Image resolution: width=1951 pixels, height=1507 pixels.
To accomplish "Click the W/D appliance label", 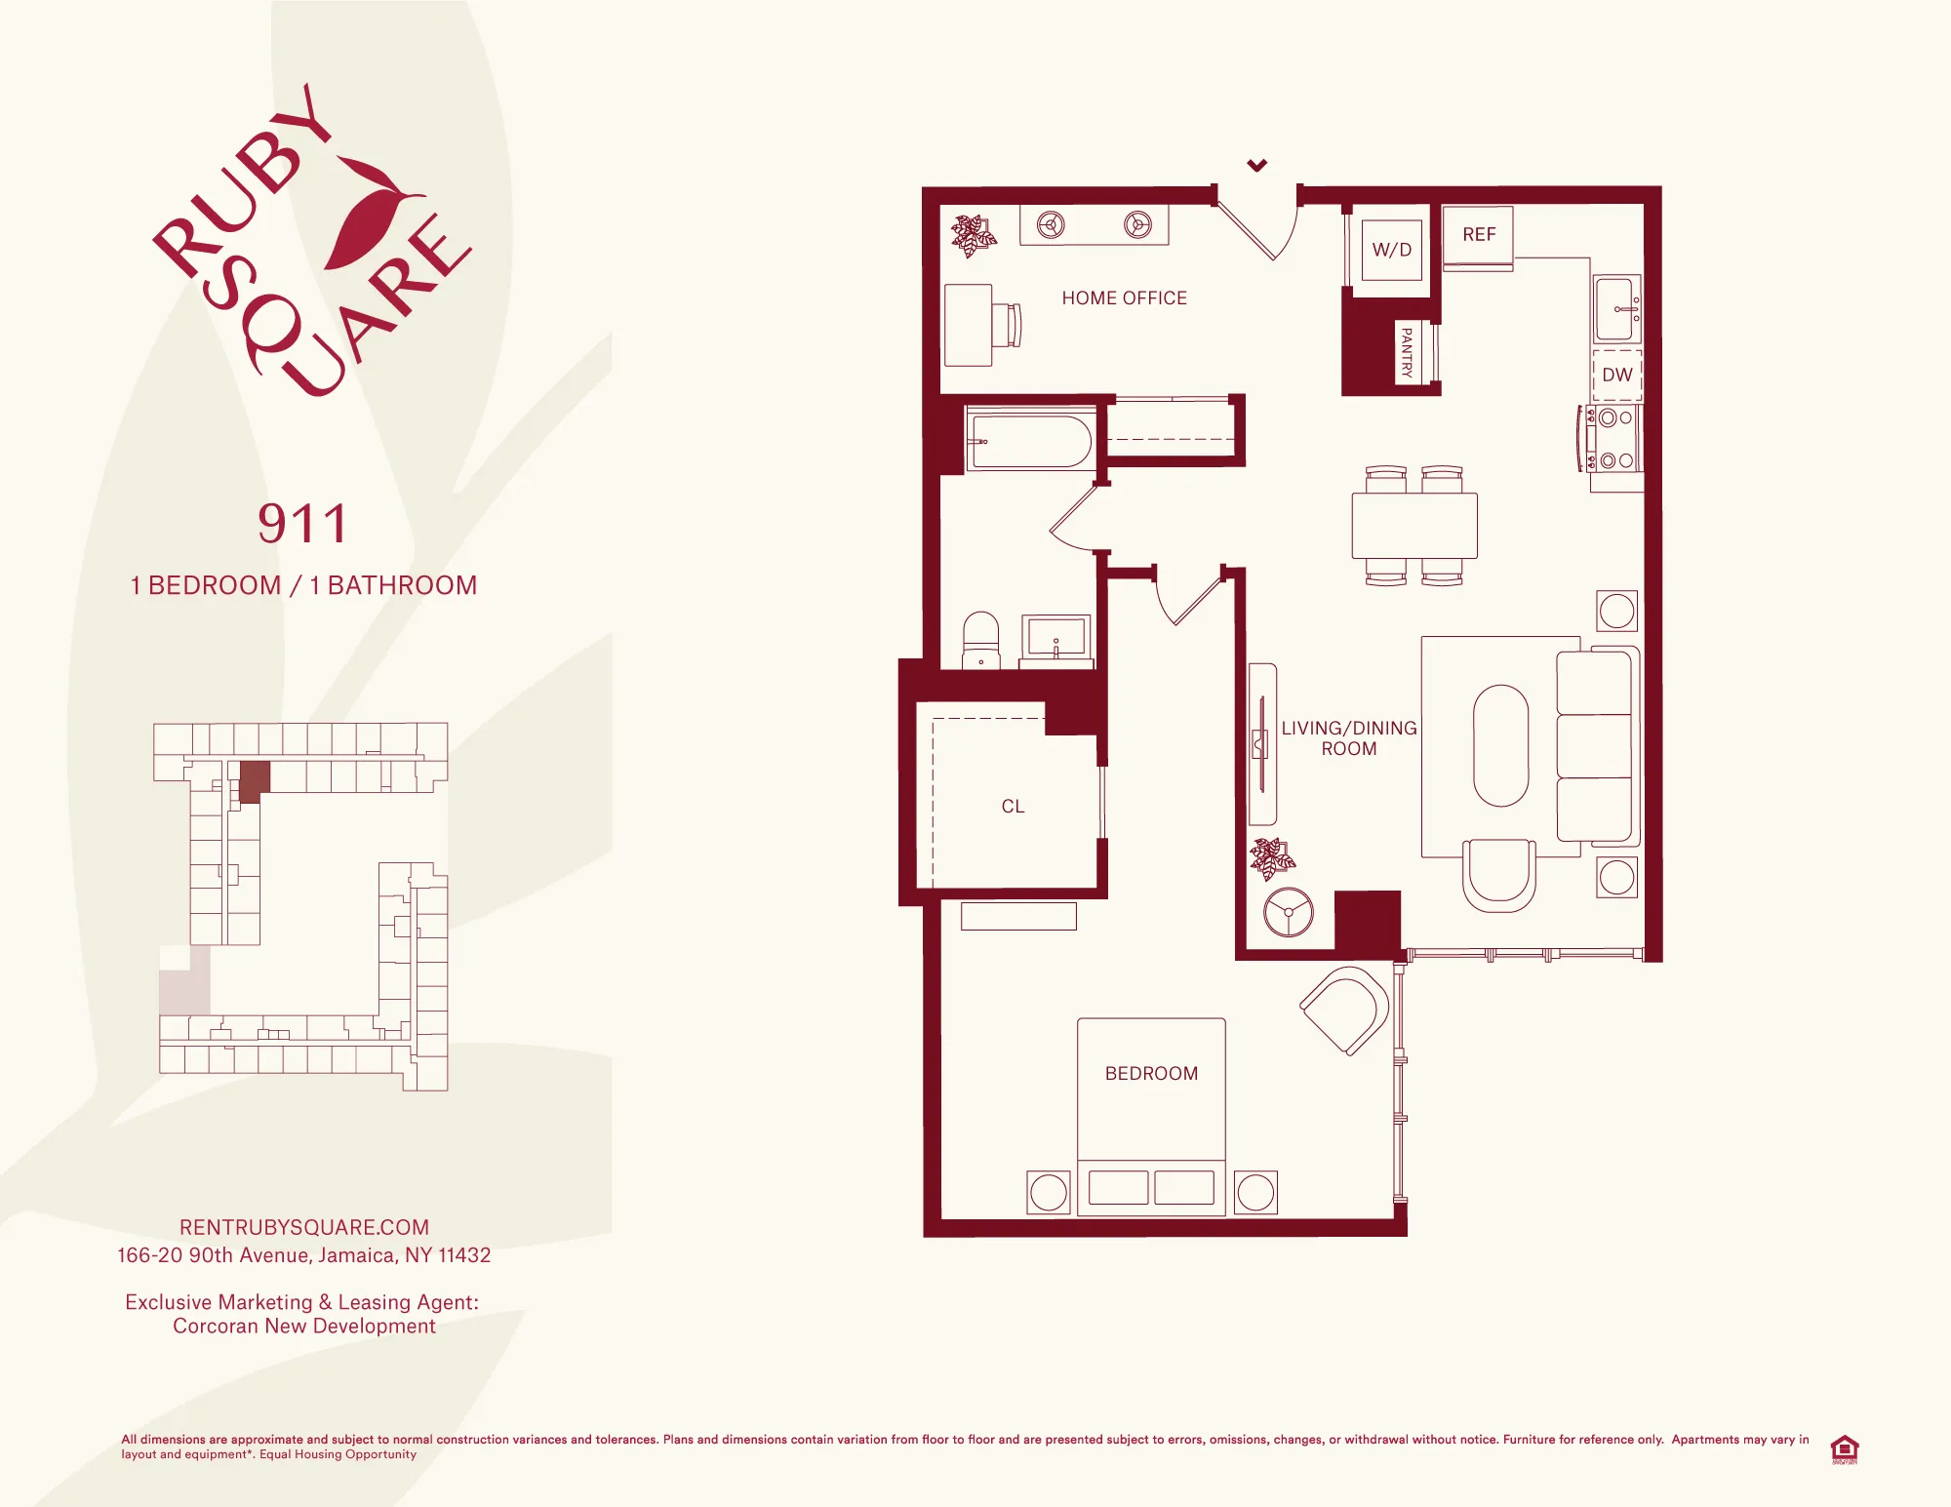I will (x=1391, y=250).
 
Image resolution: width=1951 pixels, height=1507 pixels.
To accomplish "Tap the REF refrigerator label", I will (x=1479, y=235).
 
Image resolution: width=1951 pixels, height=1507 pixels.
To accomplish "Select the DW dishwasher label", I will (x=1616, y=375).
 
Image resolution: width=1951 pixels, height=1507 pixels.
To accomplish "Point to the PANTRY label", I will (x=1406, y=352).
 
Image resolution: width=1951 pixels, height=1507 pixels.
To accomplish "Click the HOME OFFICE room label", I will (x=1124, y=298).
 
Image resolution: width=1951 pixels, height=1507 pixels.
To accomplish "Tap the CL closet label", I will (x=1013, y=807).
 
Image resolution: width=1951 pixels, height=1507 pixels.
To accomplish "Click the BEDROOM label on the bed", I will (x=1151, y=1074).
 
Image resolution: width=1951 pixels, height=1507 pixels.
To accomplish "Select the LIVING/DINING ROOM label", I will (x=1348, y=738).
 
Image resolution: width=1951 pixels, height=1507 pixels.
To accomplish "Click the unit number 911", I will (x=302, y=524).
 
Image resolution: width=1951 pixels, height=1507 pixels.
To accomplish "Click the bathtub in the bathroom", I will (x=1030, y=442).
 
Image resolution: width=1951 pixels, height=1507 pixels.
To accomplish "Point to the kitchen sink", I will (x=1615, y=308).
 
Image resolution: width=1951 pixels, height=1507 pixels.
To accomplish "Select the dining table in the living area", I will (x=1413, y=526).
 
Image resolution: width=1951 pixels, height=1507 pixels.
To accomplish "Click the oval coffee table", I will (x=1500, y=746).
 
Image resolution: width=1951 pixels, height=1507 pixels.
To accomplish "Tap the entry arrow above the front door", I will (x=1257, y=166).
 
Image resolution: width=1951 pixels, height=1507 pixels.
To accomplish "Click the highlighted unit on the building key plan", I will (x=254, y=780).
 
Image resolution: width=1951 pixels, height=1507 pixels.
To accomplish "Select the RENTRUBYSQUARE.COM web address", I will (x=304, y=1227).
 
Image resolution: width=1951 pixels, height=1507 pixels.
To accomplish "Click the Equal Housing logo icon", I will (x=1844, y=1448).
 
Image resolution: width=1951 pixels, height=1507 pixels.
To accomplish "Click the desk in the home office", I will (x=969, y=325).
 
